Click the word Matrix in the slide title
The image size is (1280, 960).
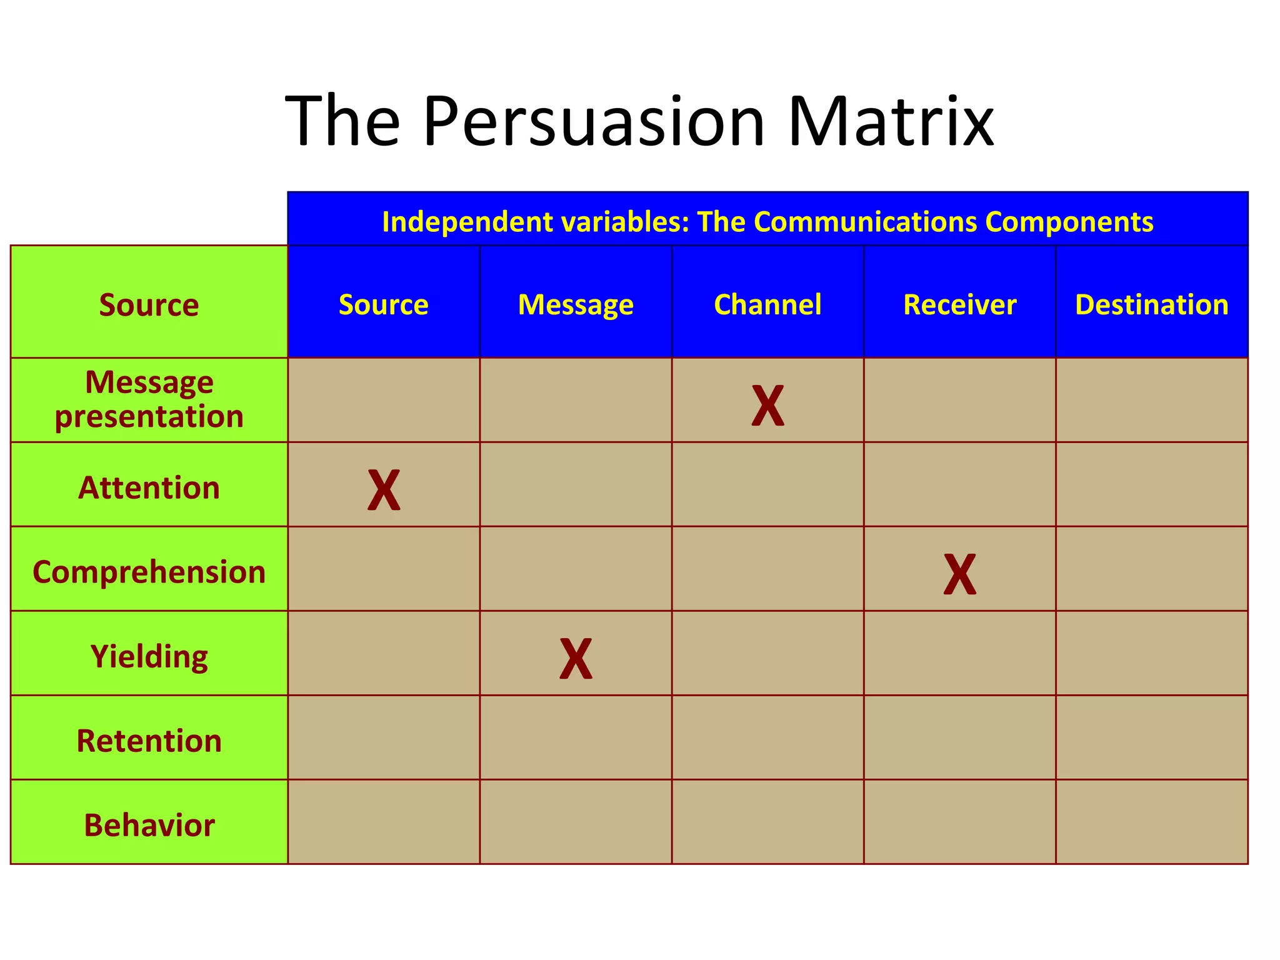[x=890, y=121]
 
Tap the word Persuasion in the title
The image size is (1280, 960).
[x=594, y=121]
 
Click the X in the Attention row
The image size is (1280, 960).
[x=384, y=490]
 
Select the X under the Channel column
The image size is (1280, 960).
[x=767, y=406]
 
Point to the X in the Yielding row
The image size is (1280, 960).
[x=576, y=659]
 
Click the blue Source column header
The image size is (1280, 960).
[x=383, y=305]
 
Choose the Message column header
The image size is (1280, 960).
[x=576, y=305]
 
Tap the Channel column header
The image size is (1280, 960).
[x=767, y=305]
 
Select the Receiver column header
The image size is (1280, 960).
[x=959, y=305]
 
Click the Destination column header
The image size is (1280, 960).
[x=1151, y=305]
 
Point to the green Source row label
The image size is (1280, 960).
[x=149, y=305]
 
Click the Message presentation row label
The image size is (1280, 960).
[x=149, y=399]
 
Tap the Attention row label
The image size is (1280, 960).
[x=149, y=487]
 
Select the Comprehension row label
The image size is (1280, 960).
[x=149, y=572]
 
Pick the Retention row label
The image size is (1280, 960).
[x=149, y=741]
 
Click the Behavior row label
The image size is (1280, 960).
[x=149, y=825]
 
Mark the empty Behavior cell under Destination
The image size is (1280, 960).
[x=1151, y=822]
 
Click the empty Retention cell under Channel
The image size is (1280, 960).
[x=767, y=737]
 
